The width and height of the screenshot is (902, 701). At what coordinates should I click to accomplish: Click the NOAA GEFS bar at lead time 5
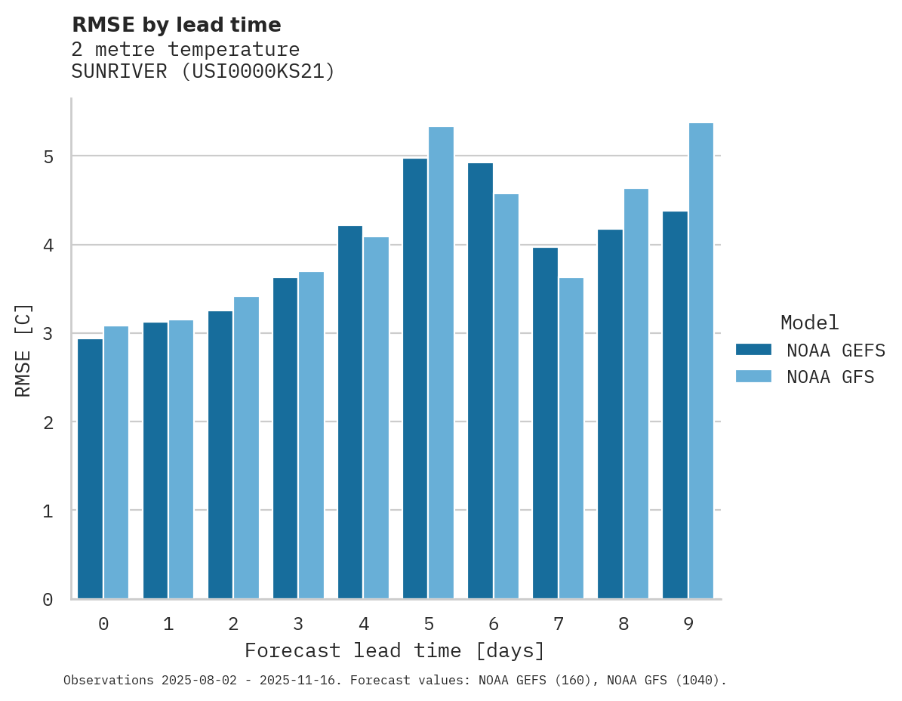pos(415,378)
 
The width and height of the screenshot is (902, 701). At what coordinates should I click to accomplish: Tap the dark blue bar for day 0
pos(91,468)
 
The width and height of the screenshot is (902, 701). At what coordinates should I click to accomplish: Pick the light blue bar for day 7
pos(571,438)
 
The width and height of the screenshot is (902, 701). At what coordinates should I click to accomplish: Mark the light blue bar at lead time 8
pos(636,394)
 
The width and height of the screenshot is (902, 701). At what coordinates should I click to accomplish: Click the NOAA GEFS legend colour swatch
pos(753,350)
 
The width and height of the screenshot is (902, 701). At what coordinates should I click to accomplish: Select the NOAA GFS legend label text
pos(830,377)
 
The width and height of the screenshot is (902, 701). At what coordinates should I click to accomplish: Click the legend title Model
pos(809,323)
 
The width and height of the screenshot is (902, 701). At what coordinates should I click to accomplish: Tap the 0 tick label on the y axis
pos(48,600)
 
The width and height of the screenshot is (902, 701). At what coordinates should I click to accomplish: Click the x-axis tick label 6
pos(494,624)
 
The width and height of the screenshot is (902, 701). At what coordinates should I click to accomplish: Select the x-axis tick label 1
pos(168,624)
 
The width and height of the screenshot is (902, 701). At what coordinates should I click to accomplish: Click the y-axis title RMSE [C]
pos(23,350)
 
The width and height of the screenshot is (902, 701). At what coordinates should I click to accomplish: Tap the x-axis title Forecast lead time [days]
pos(394,650)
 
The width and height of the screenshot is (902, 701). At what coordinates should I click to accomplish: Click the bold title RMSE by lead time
pos(176,25)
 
